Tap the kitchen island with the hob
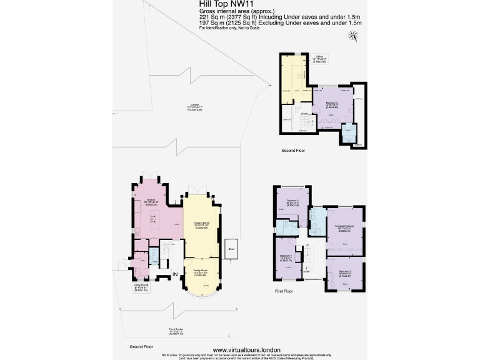[x=153, y=220]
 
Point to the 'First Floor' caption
[x=284, y=291]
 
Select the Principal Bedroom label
[x=344, y=227]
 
